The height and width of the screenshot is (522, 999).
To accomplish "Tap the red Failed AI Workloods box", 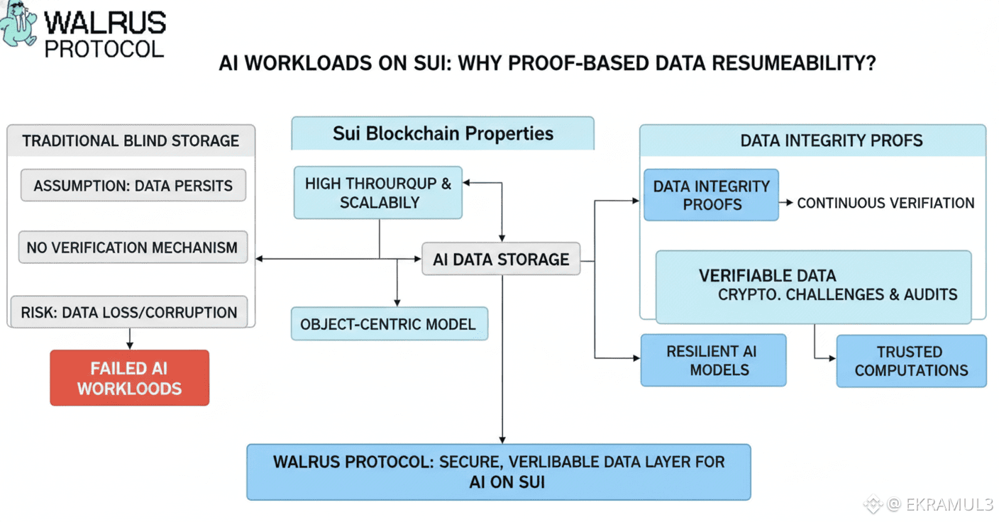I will coord(129,378).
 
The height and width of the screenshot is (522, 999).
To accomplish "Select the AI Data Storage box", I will coord(501,259).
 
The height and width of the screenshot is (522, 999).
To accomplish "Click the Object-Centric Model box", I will coord(389,324).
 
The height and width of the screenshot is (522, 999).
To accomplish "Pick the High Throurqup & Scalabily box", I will coord(378,192).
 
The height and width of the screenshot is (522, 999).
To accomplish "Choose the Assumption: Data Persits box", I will coord(133,186).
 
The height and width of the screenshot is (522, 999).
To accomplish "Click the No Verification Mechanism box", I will coord(132,248).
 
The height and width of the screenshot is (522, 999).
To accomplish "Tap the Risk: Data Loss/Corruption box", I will coord(129,312).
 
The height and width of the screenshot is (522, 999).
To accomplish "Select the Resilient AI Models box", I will coord(713,360).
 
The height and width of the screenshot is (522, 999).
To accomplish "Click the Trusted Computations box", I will coord(911,361).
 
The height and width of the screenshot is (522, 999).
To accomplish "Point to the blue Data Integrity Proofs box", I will coord(711,195).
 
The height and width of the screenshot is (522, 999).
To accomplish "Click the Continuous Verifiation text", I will coord(885,203).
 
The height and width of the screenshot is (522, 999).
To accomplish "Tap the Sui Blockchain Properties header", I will coord(443,133).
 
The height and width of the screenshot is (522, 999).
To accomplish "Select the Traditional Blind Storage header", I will coord(131,140).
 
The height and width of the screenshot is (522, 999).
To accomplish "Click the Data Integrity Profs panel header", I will coord(832,140).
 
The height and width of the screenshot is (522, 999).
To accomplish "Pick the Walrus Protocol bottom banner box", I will coord(498,472).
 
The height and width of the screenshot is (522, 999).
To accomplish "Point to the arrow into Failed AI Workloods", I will coord(129,338).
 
